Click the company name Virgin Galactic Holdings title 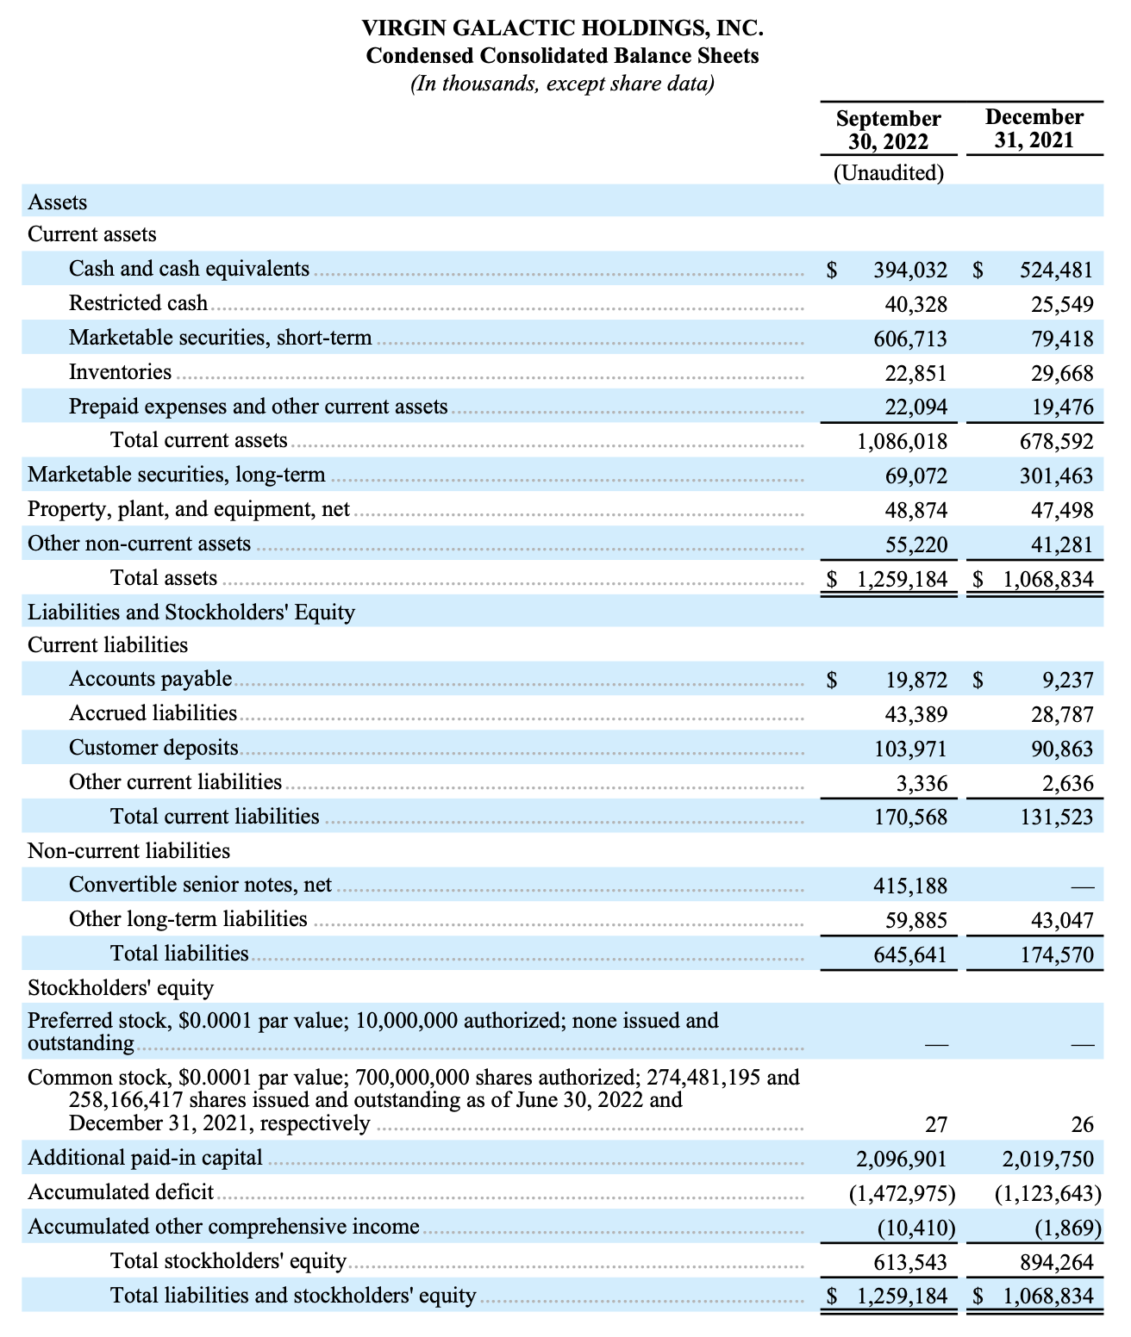[x=563, y=28]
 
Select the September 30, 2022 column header [x=888, y=129]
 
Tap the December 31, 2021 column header [x=1034, y=128]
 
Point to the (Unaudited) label [x=888, y=173]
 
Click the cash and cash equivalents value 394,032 [x=909, y=270]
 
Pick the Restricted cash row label [x=138, y=303]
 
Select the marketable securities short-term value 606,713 [x=909, y=339]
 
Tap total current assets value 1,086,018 [x=902, y=442]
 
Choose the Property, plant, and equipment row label [x=189, y=509]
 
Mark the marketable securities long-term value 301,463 [x=1056, y=476]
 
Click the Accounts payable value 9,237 [x=1067, y=681]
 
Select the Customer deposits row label [x=153, y=748]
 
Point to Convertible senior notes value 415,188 [x=909, y=886]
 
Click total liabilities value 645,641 [x=909, y=955]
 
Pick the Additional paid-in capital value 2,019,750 [x=1047, y=1159]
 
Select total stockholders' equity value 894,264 [x=1056, y=1263]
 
